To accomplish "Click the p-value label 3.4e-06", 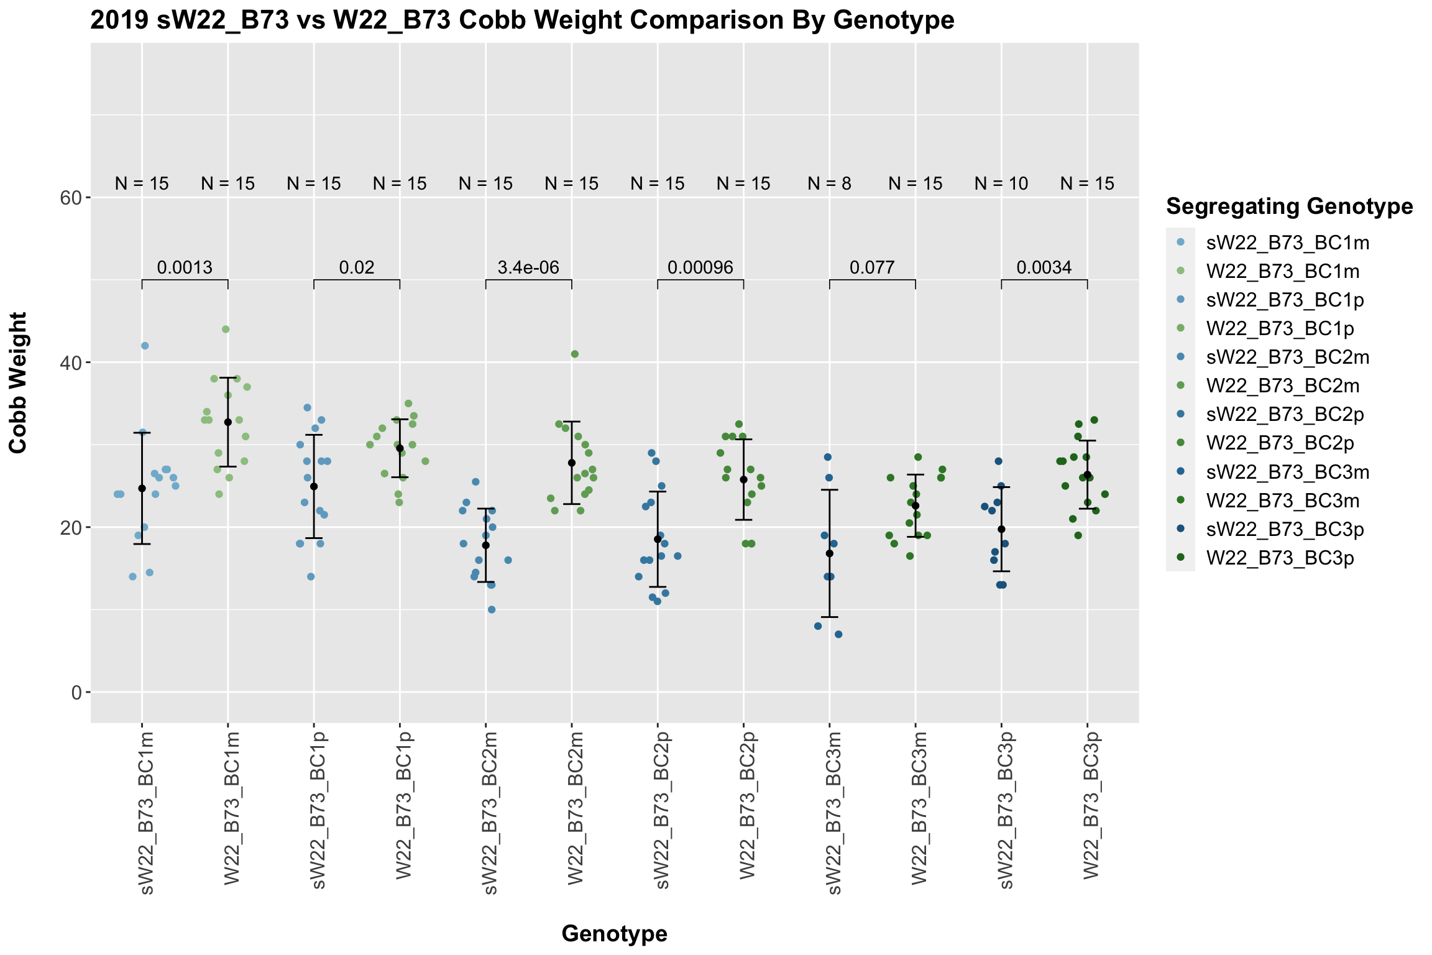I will (528, 268).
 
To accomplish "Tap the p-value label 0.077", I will (872, 268).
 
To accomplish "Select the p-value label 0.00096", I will (700, 268).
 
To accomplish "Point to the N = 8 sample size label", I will (829, 184).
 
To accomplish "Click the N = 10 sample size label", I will (1001, 184).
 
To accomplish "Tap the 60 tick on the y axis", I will (71, 198).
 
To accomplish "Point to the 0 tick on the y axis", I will (77, 692).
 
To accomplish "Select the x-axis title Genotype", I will (614, 933).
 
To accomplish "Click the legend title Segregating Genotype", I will (1290, 206).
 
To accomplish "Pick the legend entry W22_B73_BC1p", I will (1280, 328).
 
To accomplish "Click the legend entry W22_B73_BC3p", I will (1280, 558).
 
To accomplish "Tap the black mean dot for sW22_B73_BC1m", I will (142, 489).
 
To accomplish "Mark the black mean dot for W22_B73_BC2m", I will (572, 463).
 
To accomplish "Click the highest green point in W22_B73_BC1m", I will (226, 330).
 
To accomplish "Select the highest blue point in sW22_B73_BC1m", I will (145, 346).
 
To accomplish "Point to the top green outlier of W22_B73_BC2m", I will (575, 354).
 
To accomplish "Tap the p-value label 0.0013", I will (185, 268).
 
